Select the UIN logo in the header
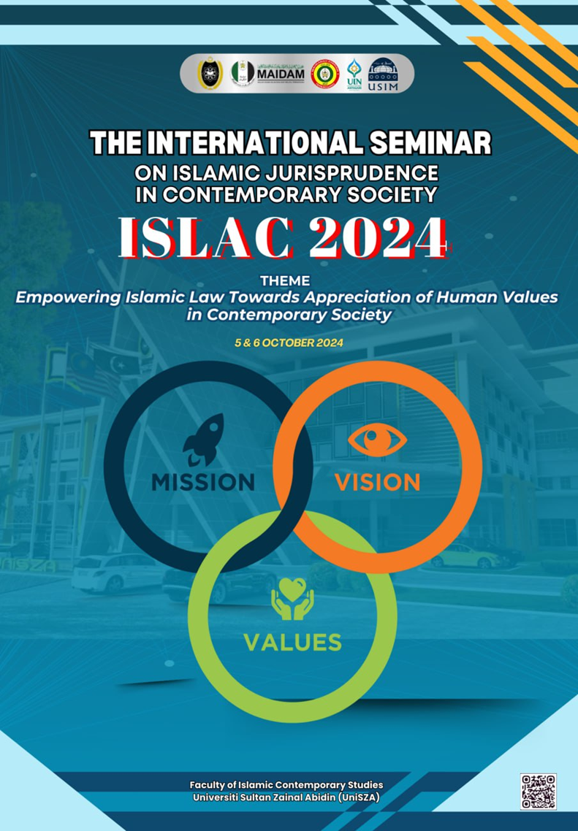[x=353, y=74]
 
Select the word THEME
[x=289, y=280]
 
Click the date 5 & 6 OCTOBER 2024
[x=289, y=342]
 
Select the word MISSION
[x=203, y=482]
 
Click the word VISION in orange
[x=377, y=482]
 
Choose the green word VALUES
[x=292, y=642]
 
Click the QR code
[x=538, y=792]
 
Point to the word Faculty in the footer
[x=208, y=785]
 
